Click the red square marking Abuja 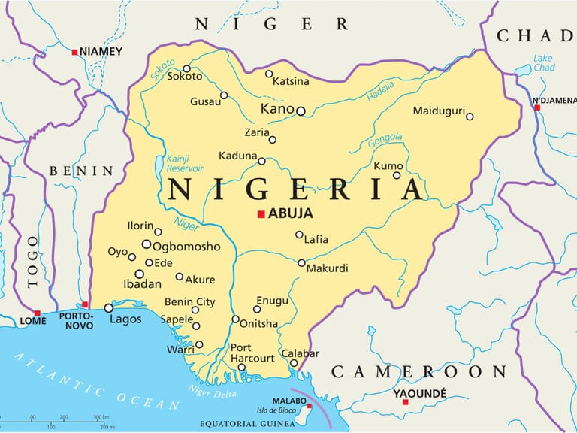pyautogui.click(x=261, y=214)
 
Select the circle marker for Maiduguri pyautogui.click(x=470, y=116)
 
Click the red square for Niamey pyautogui.click(x=74, y=52)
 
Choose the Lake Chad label pyautogui.click(x=543, y=64)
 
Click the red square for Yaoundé pyautogui.click(x=405, y=402)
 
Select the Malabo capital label pyautogui.click(x=289, y=401)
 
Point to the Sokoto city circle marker pyautogui.click(x=187, y=68)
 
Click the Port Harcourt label pyautogui.click(x=252, y=353)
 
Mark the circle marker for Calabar pyautogui.click(x=294, y=364)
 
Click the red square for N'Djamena pyautogui.click(x=537, y=107)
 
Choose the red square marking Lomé pyautogui.click(x=37, y=313)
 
